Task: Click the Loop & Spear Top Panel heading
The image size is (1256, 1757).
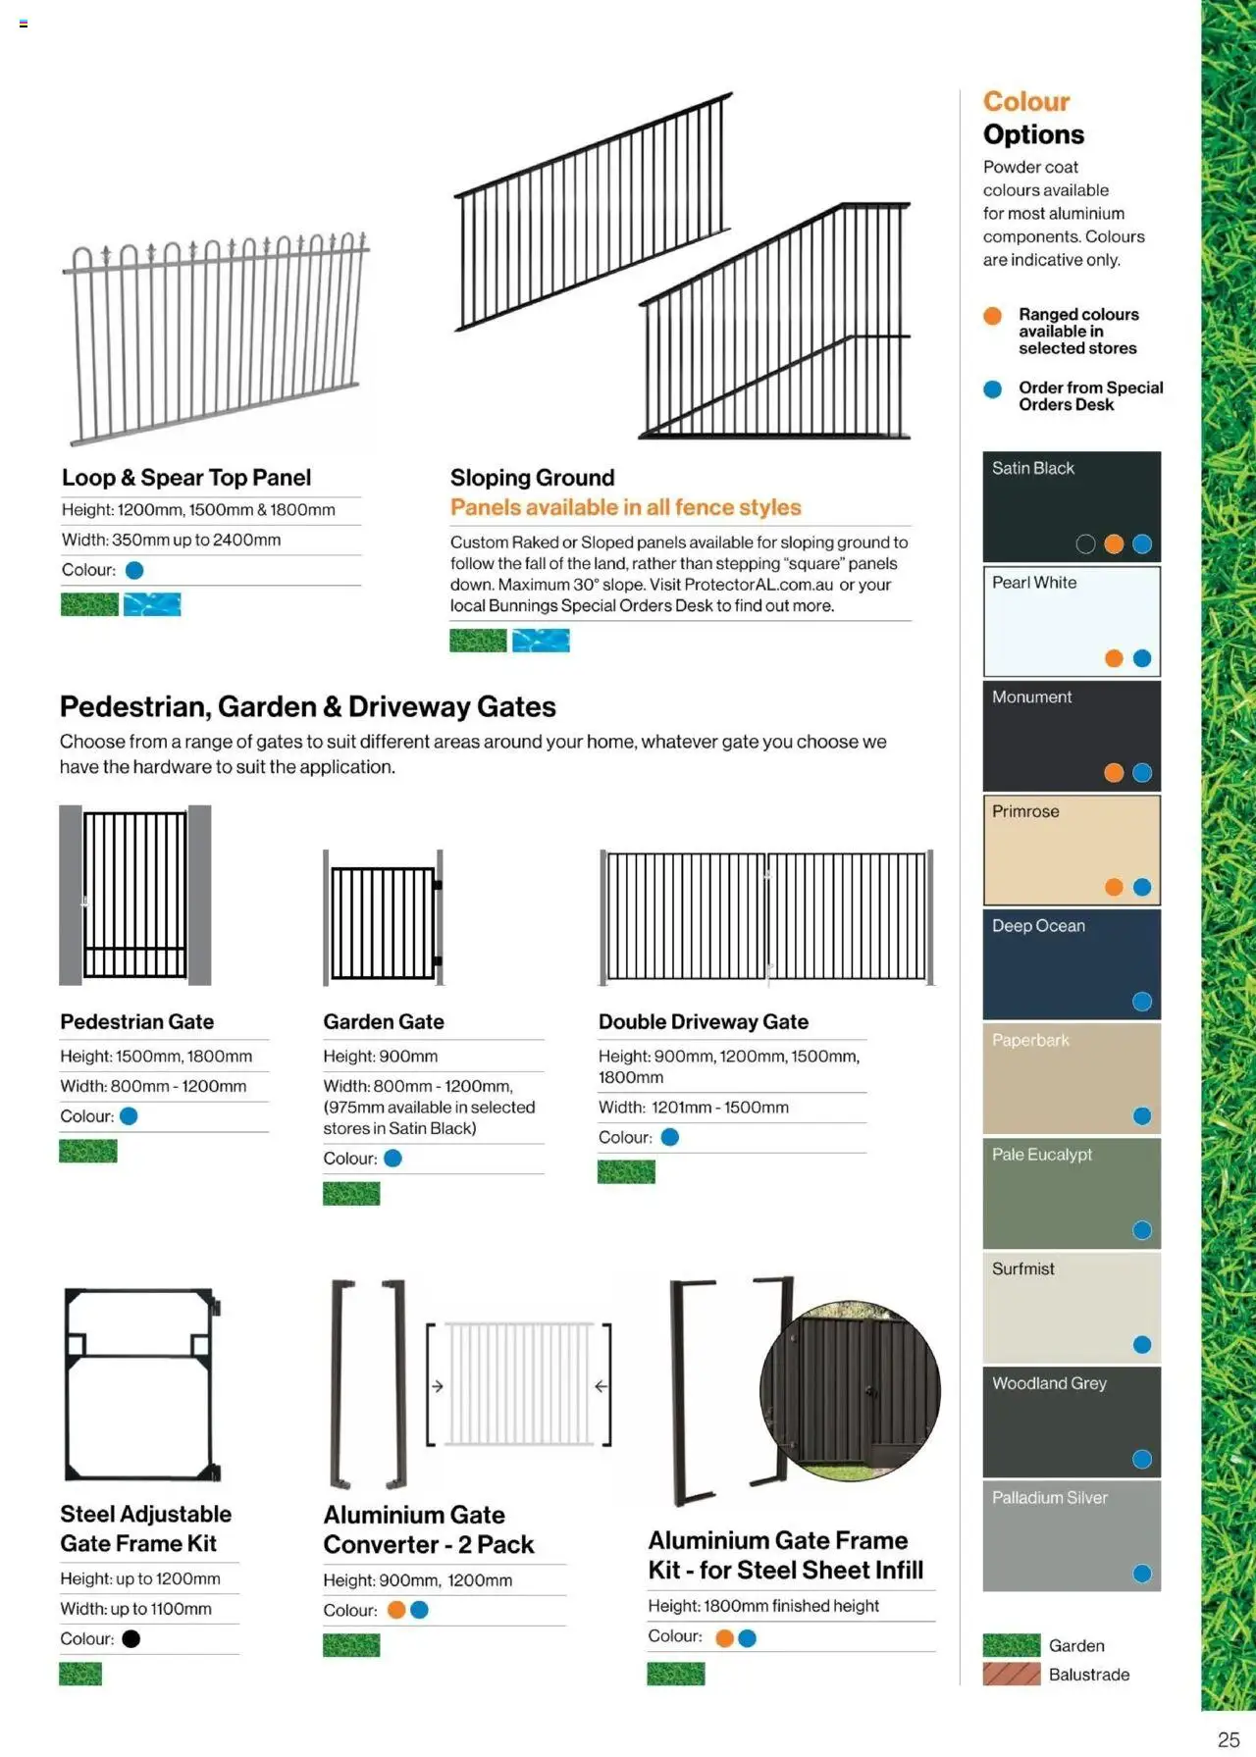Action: coord(186,478)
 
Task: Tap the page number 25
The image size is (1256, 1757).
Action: coord(1228,1738)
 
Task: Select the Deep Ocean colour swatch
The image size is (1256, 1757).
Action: coord(1072,964)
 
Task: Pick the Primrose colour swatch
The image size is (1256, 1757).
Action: coord(1072,850)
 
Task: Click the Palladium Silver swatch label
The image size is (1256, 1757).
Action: coord(1049,1498)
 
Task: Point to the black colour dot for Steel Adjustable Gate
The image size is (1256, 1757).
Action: coord(131,1638)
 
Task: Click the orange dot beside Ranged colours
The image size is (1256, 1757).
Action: coord(993,316)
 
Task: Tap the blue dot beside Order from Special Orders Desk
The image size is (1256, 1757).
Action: coord(993,389)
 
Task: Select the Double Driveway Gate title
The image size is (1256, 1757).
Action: coord(703,1021)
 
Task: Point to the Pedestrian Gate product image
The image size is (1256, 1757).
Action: coord(135,895)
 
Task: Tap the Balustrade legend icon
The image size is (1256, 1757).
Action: coord(1012,1675)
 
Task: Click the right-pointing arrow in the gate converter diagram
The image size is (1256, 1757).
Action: coord(438,1386)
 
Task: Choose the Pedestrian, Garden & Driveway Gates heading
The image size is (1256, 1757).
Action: coord(307,706)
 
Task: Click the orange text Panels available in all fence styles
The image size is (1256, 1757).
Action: coord(625,507)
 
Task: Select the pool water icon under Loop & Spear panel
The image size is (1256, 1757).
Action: coord(152,604)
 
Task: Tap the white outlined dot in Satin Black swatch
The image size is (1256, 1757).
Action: coord(1085,544)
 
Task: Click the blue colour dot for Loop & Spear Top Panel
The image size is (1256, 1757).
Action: coord(134,570)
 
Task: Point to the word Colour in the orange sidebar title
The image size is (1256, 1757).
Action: coord(1025,102)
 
